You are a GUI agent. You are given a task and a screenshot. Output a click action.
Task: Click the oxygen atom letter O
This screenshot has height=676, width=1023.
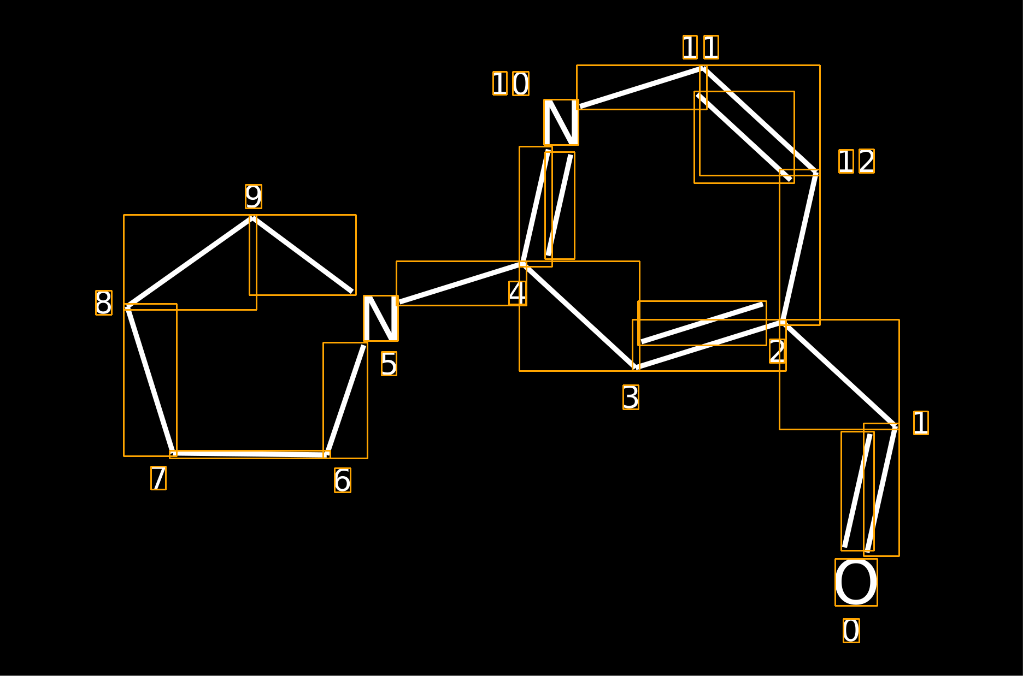[x=856, y=582]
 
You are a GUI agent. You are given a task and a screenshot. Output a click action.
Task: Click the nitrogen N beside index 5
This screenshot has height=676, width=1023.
[x=381, y=318]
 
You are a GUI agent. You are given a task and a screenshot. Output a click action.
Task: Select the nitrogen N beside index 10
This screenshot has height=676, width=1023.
[x=561, y=122]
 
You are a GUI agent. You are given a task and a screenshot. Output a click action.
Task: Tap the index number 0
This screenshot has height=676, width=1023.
[x=851, y=631]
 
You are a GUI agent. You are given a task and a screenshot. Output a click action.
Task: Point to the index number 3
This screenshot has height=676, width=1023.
[x=631, y=397]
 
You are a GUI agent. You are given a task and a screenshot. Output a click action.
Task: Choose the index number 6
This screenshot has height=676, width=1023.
[x=343, y=481]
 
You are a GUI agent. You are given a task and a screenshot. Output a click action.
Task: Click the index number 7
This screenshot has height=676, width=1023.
[x=158, y=478]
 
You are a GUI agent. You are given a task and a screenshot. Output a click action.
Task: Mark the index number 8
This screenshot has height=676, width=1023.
[x=104, y=303]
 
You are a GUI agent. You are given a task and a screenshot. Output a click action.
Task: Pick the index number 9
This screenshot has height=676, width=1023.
[x=254, y=197]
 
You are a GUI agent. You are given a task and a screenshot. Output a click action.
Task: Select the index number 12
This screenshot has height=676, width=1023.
[x=856, y=161]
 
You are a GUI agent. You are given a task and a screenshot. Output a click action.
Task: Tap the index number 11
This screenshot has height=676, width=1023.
[x=701, y=47]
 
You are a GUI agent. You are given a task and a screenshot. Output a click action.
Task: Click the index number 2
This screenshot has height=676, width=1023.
[x=777, y=351]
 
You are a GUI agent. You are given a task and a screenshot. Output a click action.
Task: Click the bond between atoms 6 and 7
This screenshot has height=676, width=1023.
[x=250, y=454]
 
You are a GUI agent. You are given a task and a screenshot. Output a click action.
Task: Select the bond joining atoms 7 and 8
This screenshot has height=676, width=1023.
[x=150, y=380]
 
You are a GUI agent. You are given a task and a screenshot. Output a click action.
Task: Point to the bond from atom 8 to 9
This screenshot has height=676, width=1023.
[x=190, y=262]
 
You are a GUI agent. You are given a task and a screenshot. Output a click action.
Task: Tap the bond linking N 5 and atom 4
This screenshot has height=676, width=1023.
[x=461, y=283]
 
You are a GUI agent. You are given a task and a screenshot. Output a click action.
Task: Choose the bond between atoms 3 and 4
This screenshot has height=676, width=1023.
[x=579, y=316]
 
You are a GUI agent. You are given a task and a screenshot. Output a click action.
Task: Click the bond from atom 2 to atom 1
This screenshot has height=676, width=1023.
[x=839, y=375]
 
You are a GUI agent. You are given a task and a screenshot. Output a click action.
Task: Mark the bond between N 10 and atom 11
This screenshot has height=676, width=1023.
[x=642, y=87]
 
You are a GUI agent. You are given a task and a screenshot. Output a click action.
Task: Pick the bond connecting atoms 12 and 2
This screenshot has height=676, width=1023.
[x=799, y=247]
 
